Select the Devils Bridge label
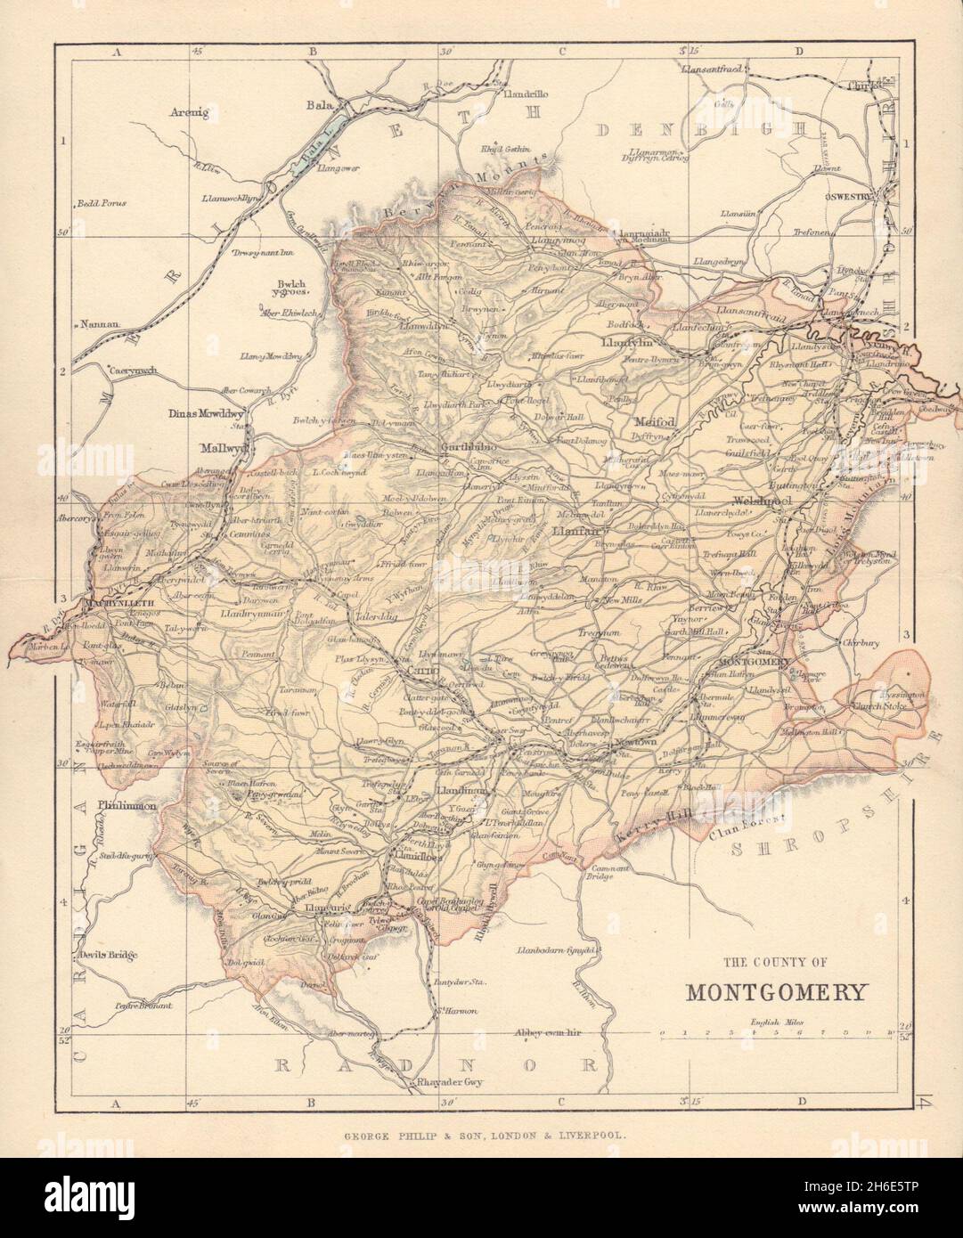[107, 957]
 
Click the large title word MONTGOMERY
[772, 991]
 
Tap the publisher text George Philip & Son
[480, 1136]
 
